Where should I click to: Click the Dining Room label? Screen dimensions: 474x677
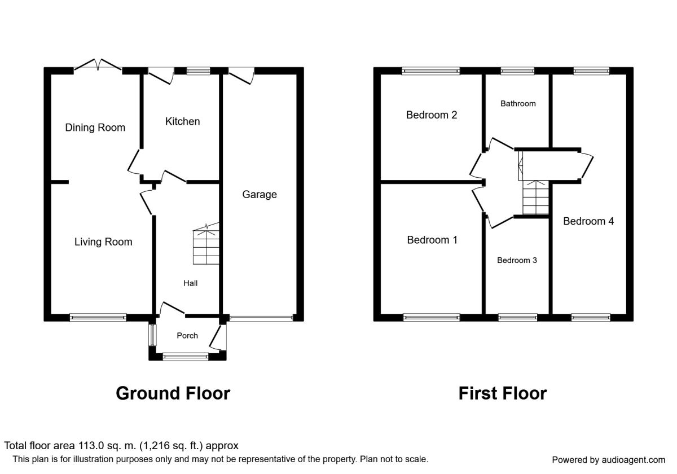(x=95, y=128)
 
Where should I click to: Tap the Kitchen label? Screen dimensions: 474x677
(x=182, y=121)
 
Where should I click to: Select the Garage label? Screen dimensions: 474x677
(x=260, y=195)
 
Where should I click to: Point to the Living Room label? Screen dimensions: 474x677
(x=103, y=242)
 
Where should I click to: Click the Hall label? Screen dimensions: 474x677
(x=190, y=283)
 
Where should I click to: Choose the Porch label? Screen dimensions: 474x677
(x=187, y=336)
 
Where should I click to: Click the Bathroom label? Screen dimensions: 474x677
(x=518, y=104)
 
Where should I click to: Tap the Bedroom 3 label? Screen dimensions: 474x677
(x=516, y=261)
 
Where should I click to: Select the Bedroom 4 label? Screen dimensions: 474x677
(x=588, y=221)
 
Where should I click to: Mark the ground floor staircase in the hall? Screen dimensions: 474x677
(x=206, y=247)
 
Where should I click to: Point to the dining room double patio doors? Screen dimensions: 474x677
(x=98, y=66)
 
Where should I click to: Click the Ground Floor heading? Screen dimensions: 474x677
(x=173, y=393)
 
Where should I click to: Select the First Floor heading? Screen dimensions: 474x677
(x=502, y=393)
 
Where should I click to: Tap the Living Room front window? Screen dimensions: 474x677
(x=98, y=318)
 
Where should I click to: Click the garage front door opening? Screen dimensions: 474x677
(x=261, y=318)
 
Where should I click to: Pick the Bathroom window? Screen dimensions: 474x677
(x=517, y=71)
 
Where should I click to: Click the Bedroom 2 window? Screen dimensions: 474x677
(x=431, y=71)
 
